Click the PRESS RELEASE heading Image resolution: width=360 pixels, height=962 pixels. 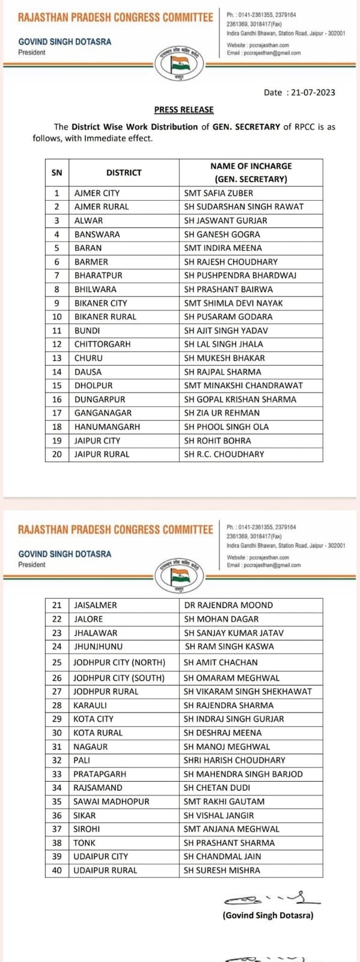point(183,109)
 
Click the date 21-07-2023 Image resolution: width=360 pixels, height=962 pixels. point(312,93)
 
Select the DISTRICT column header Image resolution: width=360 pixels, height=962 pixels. point(123,173)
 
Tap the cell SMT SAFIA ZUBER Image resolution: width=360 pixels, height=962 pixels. point(218,193)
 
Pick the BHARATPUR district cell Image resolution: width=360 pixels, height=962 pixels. point(98,275)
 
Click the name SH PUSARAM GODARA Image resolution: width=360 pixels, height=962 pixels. point(228,317)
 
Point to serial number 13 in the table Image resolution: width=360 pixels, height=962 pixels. point(57,358)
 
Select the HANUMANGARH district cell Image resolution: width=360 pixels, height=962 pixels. point(107,427)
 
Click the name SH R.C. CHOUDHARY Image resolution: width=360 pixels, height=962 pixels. point(224,454)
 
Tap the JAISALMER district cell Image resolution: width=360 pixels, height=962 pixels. point(95,605)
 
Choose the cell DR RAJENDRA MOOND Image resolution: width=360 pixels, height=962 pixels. point(228,605)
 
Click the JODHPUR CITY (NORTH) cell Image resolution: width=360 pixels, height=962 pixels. point(119,662)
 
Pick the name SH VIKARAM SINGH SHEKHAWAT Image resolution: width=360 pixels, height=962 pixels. point(248,691)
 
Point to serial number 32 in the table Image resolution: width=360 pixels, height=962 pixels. point(57,760)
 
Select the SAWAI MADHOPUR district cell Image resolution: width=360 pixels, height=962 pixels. point(111,801)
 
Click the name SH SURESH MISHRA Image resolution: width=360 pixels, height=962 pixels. point(222,870)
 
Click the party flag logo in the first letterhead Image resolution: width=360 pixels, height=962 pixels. point(180,63)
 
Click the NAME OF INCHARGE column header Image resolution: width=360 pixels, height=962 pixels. point(251,173)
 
